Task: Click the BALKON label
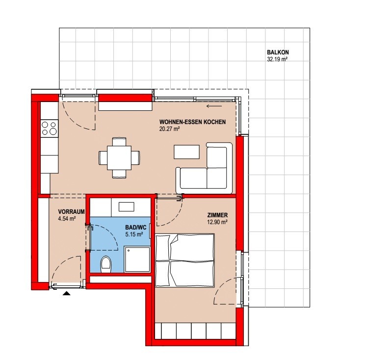[278, 52]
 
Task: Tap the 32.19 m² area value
[277, 59]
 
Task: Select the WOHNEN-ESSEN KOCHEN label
[193, 122]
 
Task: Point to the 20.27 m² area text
[169, 129]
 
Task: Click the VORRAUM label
[71, 212]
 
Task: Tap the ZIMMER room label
[217, 215]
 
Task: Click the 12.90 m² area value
[217, 222]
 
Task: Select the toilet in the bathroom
[106, 264]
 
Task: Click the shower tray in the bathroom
[137, 259]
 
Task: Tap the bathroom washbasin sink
[126, 206]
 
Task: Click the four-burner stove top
[49, 129]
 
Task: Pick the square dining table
[119, 158]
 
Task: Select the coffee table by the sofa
[186, 152]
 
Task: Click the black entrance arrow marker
[67, 293]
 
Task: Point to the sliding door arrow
[214, 106]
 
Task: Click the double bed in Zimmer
[184, 260]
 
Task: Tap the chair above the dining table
[119, 142]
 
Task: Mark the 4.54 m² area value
[67, 219]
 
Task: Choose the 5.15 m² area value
[134, 234]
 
